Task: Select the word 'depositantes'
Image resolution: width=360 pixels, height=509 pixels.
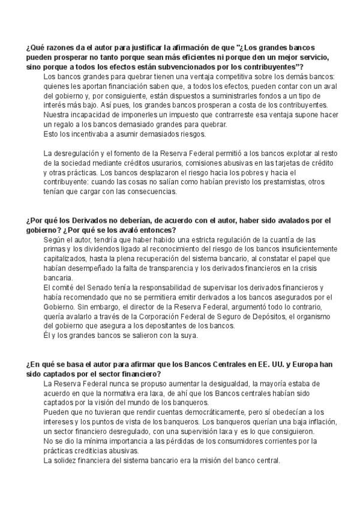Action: [194, 326]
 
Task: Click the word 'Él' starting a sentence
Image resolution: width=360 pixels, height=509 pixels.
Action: [48, 336]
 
